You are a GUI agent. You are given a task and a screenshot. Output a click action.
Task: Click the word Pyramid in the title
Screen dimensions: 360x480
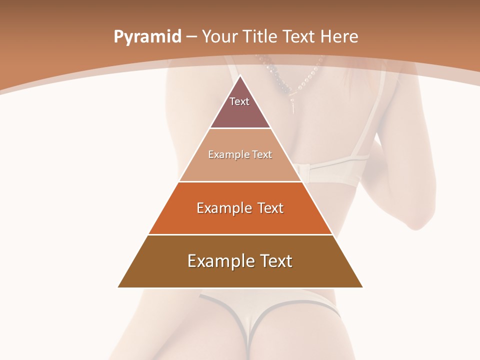147,37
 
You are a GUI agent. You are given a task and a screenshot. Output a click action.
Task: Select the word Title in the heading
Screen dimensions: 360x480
260,36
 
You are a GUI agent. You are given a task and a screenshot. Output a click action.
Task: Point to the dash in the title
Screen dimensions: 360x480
191,37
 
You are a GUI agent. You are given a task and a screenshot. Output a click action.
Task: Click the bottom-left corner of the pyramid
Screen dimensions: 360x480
118,287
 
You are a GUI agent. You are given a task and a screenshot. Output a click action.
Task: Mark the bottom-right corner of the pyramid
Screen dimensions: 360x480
362,287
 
